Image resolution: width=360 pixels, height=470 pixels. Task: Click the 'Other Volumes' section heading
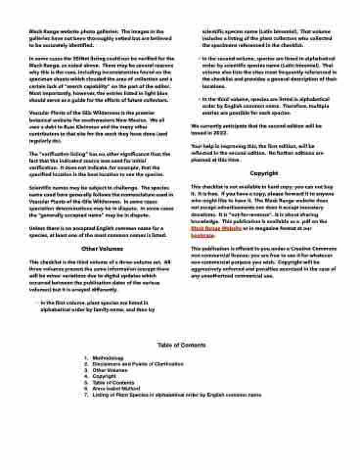click(x=102, y=249)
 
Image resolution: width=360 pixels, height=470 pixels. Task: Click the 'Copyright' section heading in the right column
click(x=264, y=173)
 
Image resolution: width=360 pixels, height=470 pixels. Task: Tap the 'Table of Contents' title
click(x=181, y=345)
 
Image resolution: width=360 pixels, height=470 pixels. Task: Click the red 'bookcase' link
click(x=202, y=235)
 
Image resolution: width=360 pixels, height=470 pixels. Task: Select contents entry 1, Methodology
click(x=108, y=358)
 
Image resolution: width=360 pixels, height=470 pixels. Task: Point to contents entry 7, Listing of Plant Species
click(x=176, y=394)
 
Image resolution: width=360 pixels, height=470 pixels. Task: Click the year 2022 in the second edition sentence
click(x=221, y=133)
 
